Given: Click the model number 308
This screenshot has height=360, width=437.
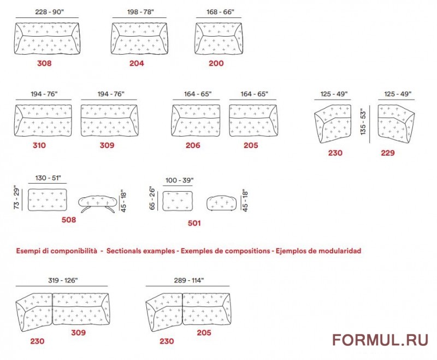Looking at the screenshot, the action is pyautogui.click(x=44, y=63).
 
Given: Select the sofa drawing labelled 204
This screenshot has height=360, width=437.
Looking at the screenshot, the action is pyautogui.click(x=139, y=38).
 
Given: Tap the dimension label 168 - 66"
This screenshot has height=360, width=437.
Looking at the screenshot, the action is pyautogui.click(x=220, y=12).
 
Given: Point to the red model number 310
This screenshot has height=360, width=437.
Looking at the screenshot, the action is pyautogui.click(x=39, y=145).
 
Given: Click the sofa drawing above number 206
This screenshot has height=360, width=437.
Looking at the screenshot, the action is pyautogui.click(x=196, y=121).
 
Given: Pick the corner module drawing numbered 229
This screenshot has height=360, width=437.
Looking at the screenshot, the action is pyautogui.click(x=396, y=123).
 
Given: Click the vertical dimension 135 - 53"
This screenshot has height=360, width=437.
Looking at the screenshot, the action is pyautogui.click(x=363, y=122).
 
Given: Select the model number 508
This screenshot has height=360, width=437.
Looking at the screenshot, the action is pyautogui.click(x=69, y=220).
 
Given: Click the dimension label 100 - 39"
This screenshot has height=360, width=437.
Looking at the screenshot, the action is pyautogui.click(x=180, y=180).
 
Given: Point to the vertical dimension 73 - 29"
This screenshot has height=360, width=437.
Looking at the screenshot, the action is pyautogui.click(x=17, y=198).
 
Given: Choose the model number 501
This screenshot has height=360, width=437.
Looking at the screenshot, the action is pyautogui.click(x=194, y=223).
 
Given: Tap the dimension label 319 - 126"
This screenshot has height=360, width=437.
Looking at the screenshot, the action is pyautogui.click(x=63, y=280).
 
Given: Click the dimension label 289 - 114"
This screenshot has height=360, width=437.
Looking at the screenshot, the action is pyautogui.click(x=189, y=280).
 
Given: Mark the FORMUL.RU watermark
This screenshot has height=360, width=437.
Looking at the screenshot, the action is pyautogui.click(x=380, y=340).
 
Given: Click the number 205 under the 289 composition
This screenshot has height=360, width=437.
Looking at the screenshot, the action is pyautogui.click(x=204, y=333).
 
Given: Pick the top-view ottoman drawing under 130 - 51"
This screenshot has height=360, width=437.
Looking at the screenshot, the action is pyautogui.click(x=48, y=200).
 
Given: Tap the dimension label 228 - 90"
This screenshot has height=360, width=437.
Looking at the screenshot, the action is pyautogui.click(x=50, y=12).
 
